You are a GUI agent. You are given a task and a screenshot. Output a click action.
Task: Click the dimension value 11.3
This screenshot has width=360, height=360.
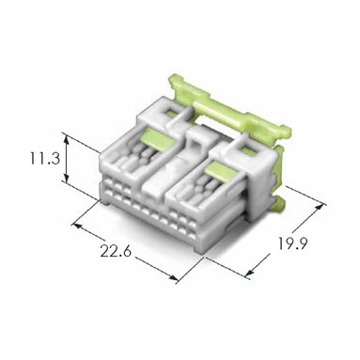tap(44, 158)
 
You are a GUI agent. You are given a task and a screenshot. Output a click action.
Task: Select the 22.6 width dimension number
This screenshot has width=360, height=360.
tap(116, 251)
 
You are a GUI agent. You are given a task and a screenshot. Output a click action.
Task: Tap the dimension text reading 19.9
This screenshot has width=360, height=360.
tap(293, 243)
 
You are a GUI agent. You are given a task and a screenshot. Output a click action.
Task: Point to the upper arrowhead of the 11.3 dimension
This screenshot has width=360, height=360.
tap(66, 138)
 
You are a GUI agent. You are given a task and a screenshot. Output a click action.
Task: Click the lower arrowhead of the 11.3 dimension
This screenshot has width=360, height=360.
tap(66, 178)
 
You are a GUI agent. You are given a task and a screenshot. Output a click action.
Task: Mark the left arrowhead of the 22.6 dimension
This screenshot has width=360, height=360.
tap(77, 226)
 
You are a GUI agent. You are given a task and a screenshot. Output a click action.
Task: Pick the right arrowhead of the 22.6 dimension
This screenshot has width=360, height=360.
tap(173, 277)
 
